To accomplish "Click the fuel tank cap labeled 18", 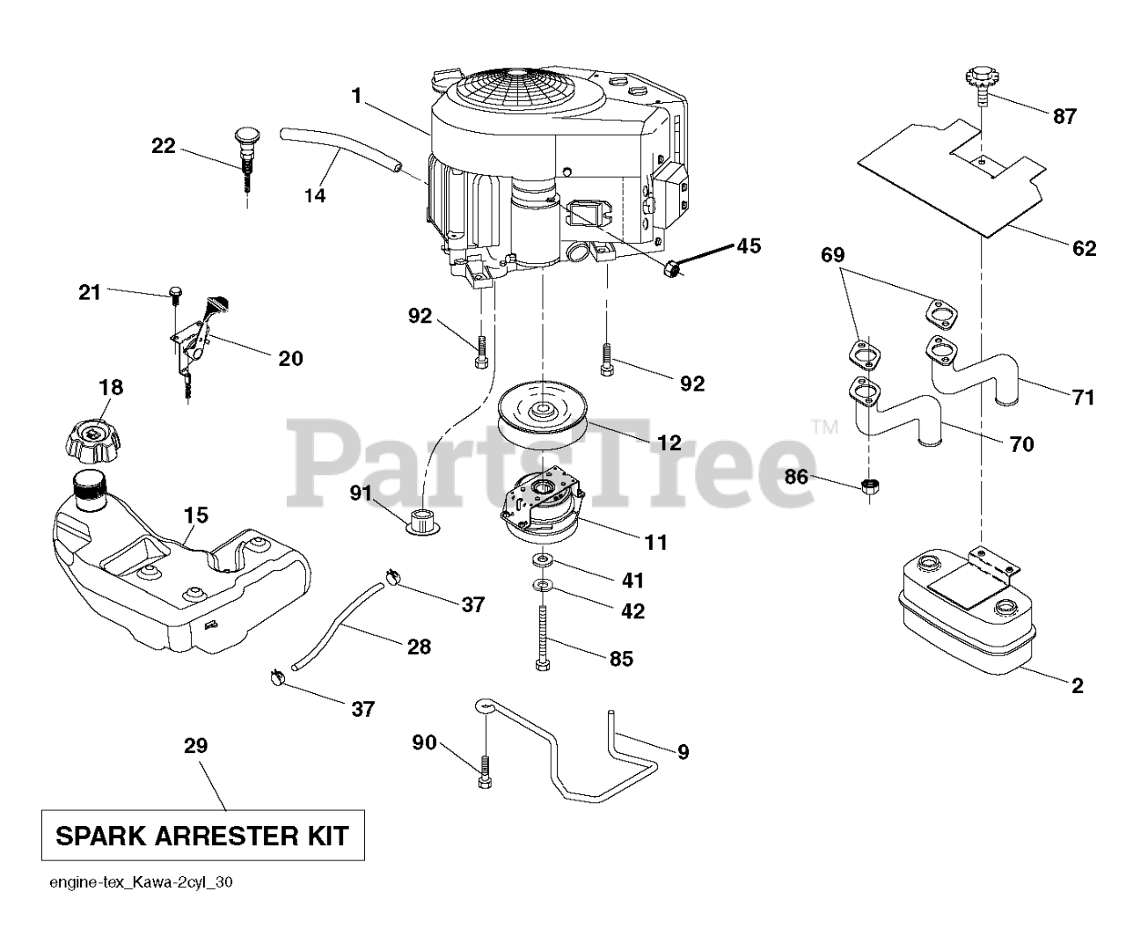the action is [x=92, y=441].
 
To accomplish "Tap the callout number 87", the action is [x=1064, y=116].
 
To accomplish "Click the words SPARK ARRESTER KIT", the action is [x=202, y=836].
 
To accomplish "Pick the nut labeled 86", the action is [x=869, y=486].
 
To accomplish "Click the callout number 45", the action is [x=749, y=246].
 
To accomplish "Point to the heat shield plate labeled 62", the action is [x=952, y=179].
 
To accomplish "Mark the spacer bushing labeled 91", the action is [x=422, y=521].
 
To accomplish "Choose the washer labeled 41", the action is [x=542, y=559].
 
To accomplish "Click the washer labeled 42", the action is [x=542, y=585].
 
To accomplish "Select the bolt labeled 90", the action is [x=485, y=772].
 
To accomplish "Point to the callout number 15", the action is [x=196, y=515].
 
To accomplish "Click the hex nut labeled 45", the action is [x=671, y=267].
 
